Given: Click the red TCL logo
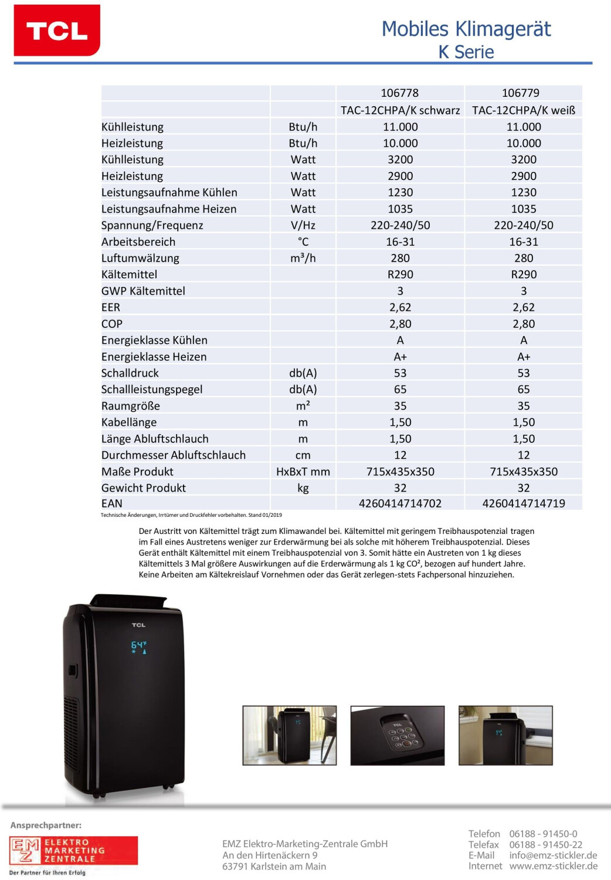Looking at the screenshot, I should [57, 31].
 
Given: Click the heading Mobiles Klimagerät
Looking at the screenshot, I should [466, 29].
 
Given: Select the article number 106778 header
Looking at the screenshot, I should [399, 93].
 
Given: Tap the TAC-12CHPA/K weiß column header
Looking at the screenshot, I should [524, 110].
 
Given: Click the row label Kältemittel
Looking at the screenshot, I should [129, 275].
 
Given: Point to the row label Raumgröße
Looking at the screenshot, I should [130, 406].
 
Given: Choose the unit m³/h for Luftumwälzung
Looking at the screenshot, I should [303, 258].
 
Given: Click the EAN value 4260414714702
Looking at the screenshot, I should [400, 503].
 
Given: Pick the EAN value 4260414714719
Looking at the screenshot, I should [524, 503].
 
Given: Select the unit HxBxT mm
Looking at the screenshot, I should [303, 472].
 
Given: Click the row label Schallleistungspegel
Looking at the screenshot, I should [151, 390].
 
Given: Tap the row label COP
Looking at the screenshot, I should [111, 324].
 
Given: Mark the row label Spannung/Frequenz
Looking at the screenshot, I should [152, 225].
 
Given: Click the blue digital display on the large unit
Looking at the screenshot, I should [139, 647].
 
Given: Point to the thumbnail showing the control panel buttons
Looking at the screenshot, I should [397, 735].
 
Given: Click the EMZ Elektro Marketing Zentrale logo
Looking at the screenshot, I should [73, 851].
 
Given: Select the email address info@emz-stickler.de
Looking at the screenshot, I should [553, 855].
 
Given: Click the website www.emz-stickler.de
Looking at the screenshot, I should [553, 866].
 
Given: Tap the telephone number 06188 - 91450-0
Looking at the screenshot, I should [543, 834].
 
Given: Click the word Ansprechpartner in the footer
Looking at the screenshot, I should [46, 825].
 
